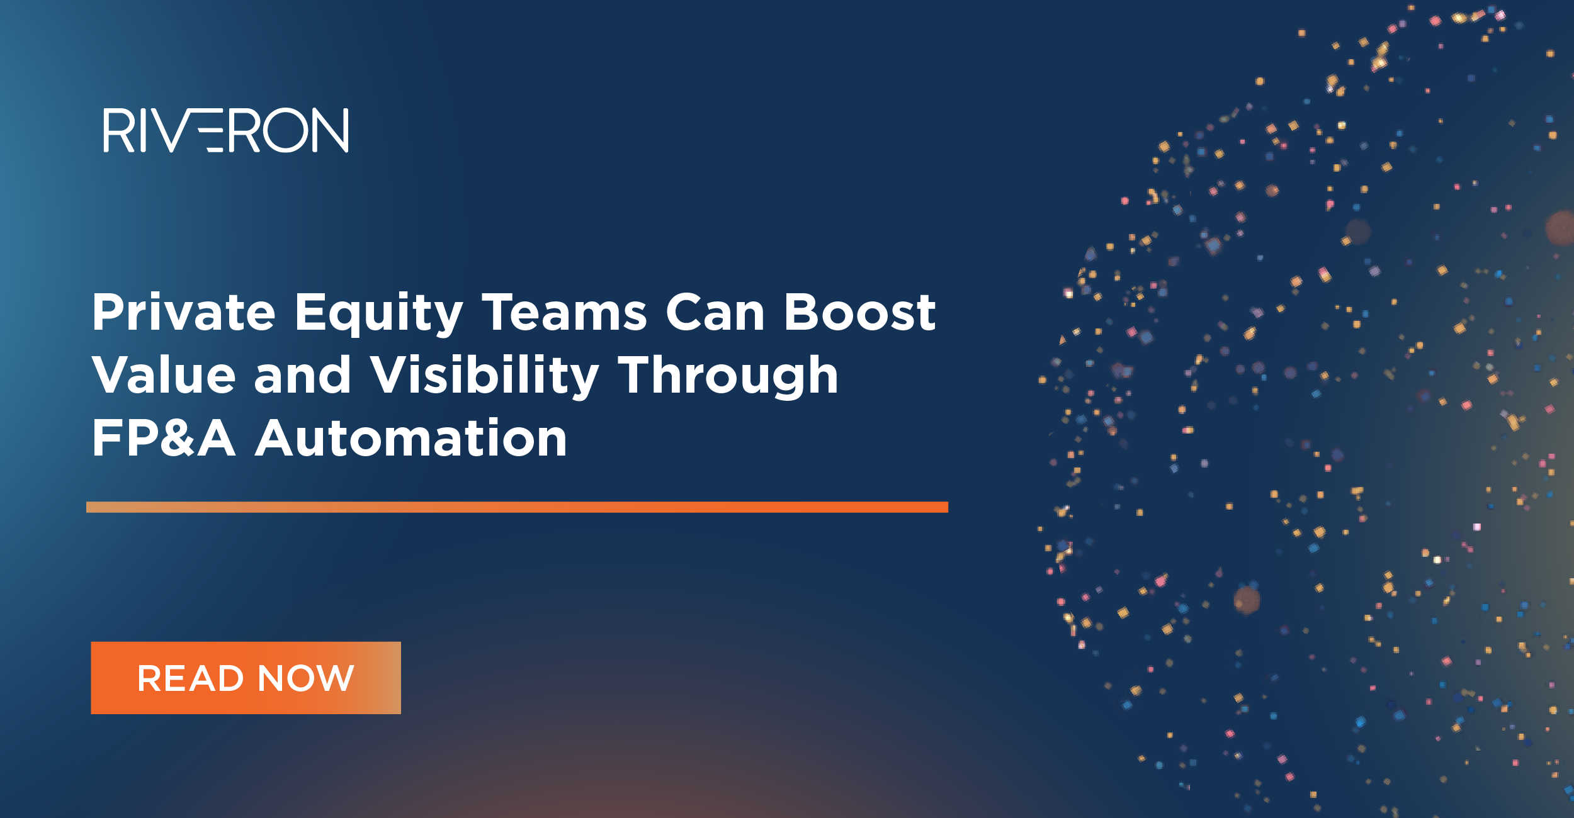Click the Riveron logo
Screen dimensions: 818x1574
pos(225,130)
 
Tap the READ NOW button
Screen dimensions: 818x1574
pos(246,678)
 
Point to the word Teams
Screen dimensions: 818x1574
pos(565,313)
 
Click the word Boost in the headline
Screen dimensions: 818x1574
pos(859,313)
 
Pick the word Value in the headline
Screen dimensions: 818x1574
pos(164,375)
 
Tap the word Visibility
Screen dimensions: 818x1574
pos(484,376)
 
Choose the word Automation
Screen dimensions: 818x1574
pos(411,439)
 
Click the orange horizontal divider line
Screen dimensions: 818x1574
pos(517,507)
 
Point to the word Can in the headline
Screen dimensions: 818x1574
pos(715,313)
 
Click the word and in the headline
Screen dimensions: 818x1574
pos(302,375)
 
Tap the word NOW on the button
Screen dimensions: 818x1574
pos(306,678)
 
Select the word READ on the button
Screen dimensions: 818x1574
pos(190,678)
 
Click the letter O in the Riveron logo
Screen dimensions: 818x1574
pos(286,130)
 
